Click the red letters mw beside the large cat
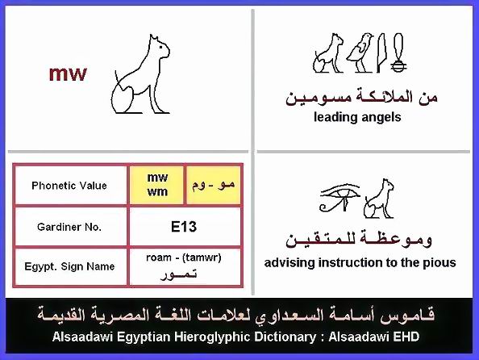(68, 74)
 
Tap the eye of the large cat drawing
(160, 48)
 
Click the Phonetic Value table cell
(69, 186)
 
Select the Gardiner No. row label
(69, 227)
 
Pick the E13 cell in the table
(185, 227)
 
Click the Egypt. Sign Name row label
(69, 266)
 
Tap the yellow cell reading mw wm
(157, 185)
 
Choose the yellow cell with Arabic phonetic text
(214, 185)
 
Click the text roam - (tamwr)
(184, 257)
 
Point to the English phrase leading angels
(357, 117)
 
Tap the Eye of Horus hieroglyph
(339, 198)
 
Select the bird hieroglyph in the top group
(360, 52)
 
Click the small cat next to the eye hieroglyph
(379, 199)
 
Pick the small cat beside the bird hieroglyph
(327, 53)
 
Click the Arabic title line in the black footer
(236, 315)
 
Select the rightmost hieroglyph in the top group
(398, 53)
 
